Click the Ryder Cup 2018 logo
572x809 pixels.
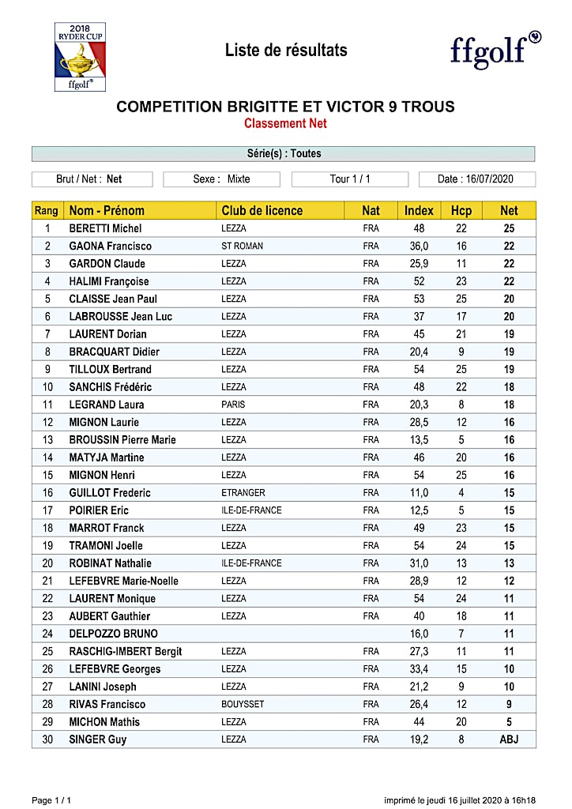(x=80, y=57)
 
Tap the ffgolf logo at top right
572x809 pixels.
(x=495, y=50)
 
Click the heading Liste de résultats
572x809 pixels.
(x=286, y=51)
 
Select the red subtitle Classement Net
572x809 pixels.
(x=285, y=123)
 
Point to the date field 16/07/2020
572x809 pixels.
(x=476, y=179)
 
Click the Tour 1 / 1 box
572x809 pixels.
(x=349, y=179)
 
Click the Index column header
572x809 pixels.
(x=419, y=210)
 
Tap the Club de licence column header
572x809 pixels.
(x=262, y=210)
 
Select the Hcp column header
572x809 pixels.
(x=461, y=210)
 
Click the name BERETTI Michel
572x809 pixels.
(x=105, y=228)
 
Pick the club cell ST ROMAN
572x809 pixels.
(x=242, y=246)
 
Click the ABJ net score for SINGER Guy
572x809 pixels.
(x=509, y=739)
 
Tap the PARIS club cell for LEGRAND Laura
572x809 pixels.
(x=233, y=404)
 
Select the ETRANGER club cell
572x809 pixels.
(x=243, y=493)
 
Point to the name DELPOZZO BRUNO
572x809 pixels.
(x=113, y=634)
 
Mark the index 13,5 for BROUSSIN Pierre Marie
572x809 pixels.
(x=418, y=440)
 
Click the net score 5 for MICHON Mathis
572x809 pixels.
(x=509, y=722)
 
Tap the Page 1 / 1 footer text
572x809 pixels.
(x=53, y=800)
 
